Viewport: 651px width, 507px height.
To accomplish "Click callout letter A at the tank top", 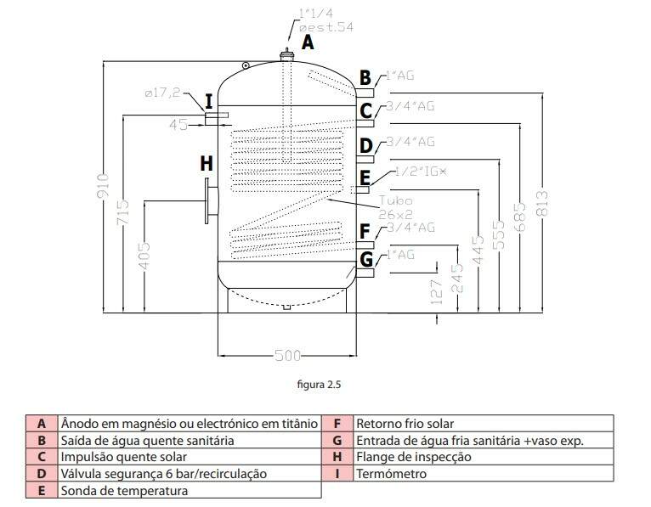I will click(x=308, y=41).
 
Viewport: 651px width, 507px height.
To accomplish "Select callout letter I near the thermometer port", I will click(x=208, y=102).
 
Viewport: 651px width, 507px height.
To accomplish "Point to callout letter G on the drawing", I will click(x=365, y=259).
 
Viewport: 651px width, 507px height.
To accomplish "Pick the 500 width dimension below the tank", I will click(x=286, y=356).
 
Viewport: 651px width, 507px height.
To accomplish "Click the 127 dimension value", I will click(x=436, y=291).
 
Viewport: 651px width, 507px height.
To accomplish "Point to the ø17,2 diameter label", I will click(x=161, y=93).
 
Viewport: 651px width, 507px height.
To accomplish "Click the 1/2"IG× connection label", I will click(x=419, y=172).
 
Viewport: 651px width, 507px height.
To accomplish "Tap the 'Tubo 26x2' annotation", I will click(x=395, y=206).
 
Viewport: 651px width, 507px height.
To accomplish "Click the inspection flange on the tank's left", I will click(x=210, y=200).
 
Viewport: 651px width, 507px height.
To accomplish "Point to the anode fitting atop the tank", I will click(x=288, y=56).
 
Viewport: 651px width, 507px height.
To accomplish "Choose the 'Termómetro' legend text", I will click(x=390, y=473).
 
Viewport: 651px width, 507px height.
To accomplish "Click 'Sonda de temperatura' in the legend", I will click(x=125, y=490).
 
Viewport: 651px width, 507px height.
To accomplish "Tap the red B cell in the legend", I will click(x=42, y=440).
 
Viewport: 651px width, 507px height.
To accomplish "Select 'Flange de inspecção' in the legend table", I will click(x=413, y=456).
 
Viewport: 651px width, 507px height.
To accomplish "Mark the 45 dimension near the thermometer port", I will click(x=178, y=125).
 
